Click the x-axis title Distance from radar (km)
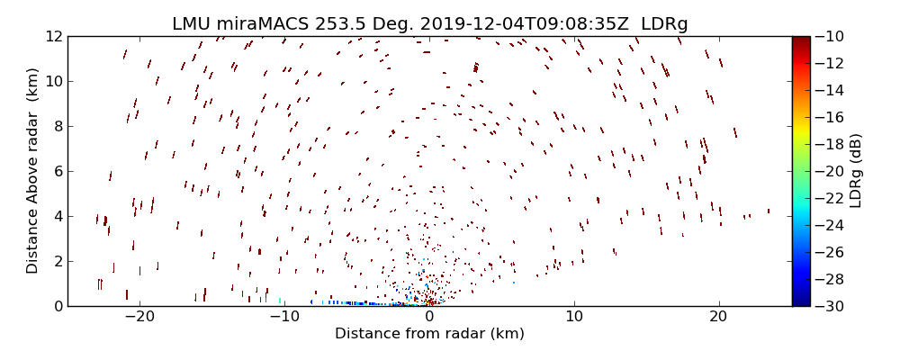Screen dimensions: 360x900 [x=429, y=334]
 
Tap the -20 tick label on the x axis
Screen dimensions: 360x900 [x=139, y=317]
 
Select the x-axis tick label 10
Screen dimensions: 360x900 [x=573, y=317]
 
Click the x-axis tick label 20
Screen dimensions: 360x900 [x=718, y=317]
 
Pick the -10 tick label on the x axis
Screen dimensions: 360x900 [x=283, y=317]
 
